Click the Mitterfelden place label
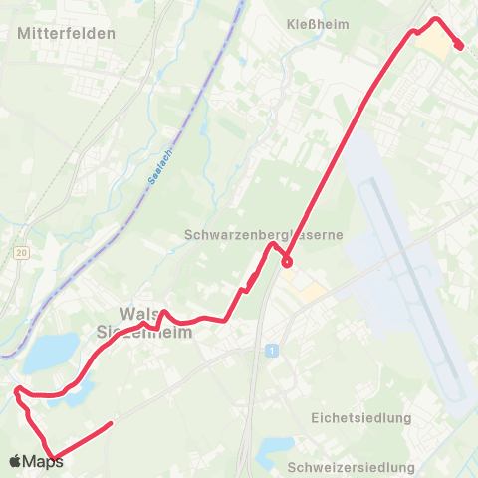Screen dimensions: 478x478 click(67, 32)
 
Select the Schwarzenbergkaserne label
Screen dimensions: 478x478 click(264, 235)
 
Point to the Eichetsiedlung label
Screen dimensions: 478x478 click(360, 416)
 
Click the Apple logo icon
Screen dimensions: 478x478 click(15, 462)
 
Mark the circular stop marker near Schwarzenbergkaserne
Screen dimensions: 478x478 click(287, 263)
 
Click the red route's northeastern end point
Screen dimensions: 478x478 click(459, 45)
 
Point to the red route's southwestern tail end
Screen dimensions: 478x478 click(109, 424)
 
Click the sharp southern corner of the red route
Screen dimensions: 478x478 click(53, 459)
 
